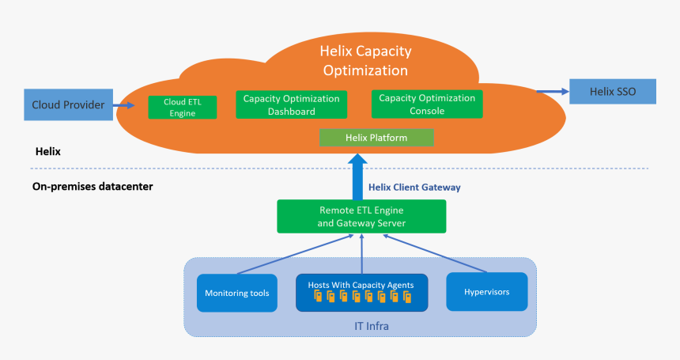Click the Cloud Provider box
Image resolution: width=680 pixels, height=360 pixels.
point(69,104)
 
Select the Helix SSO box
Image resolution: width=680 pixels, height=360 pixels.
point(612,92)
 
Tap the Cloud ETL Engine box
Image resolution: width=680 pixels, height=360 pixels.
point(182,107)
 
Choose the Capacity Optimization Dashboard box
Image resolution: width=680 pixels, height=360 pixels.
point(292,104)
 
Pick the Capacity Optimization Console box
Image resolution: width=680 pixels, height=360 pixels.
point(427,104)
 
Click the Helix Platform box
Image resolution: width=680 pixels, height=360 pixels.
point(376,138)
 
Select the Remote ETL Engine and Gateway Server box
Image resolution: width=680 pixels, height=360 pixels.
point(361,217)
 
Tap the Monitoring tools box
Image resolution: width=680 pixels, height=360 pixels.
point(236,293)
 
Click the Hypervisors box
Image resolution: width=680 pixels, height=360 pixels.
point(486,292)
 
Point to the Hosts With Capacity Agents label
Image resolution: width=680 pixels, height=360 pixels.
point(361,285)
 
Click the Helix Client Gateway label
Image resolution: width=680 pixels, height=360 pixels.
point(414,188)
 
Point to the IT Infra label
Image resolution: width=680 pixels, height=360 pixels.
point(372,326)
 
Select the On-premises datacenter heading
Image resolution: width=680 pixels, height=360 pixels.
point(93,187)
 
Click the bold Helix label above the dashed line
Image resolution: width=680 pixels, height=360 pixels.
point(47,151)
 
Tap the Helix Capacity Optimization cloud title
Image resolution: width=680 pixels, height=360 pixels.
point(365,60)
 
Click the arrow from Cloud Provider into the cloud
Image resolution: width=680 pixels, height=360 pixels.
point(123,105)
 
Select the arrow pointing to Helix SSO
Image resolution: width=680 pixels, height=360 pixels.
point(553,91)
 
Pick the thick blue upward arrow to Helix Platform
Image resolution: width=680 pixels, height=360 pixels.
point(357,176)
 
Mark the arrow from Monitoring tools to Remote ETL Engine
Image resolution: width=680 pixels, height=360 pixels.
point(296,254)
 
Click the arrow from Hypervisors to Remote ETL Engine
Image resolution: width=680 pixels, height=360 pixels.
point(435,253)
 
